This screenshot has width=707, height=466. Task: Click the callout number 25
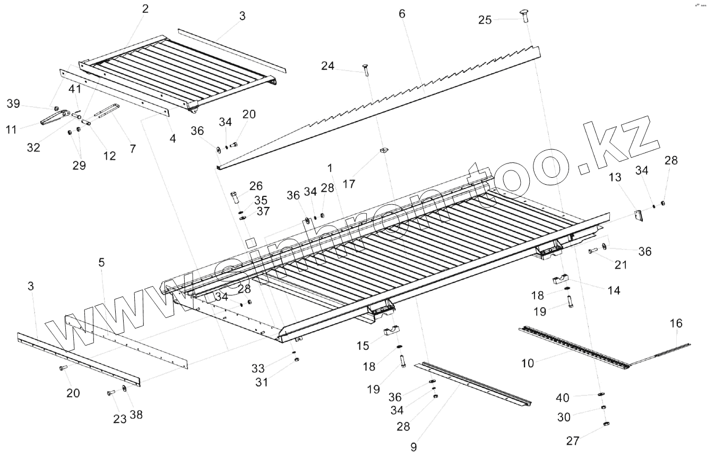coord(485,20)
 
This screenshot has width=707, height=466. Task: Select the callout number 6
coord(402,14)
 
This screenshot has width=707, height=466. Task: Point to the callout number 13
coord(615,177)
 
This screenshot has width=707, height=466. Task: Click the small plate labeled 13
coord(639,215)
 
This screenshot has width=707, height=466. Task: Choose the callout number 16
coord(676,323)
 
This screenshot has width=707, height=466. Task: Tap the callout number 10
coord(528,363)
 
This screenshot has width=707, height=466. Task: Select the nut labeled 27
coord(606,424)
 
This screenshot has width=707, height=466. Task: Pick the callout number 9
coord(413,447)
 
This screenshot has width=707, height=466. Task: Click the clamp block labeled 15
coord(391,333)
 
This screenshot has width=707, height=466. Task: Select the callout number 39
coord(13,103)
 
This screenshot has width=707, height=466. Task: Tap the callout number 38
coord(136,415)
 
